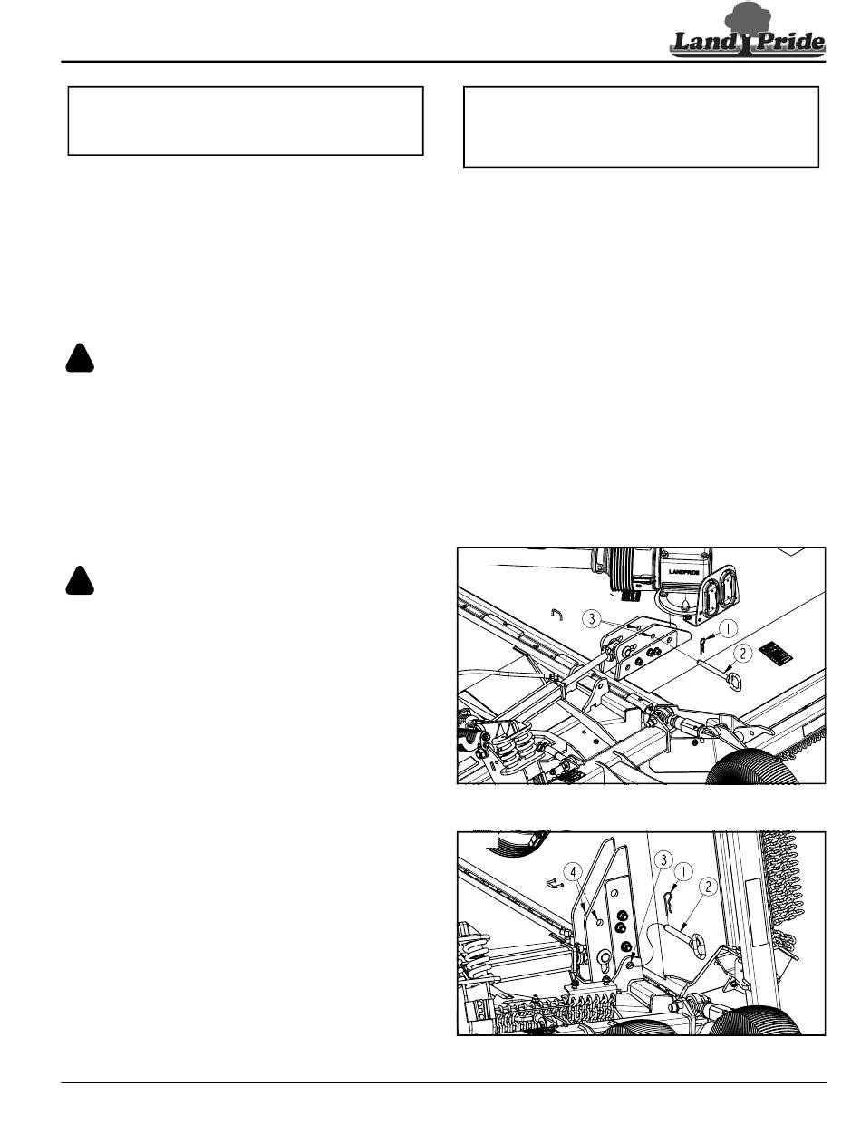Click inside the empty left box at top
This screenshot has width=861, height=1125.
[245, 121]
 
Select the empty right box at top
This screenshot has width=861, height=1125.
[641, 126]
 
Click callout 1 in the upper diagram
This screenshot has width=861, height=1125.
[728, 628]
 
